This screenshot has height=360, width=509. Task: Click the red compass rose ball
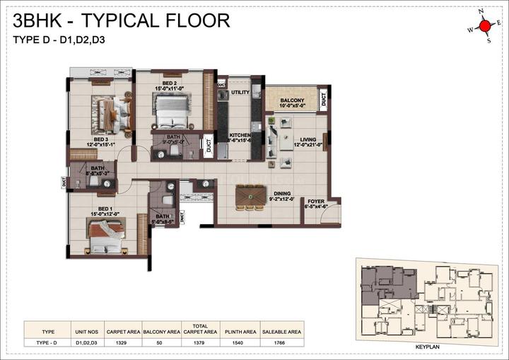484,26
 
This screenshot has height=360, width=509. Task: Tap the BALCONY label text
291,101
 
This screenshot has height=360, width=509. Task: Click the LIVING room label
308,140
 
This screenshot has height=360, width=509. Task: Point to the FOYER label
315,202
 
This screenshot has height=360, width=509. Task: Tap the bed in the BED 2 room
170,110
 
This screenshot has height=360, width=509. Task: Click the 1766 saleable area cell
281,343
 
